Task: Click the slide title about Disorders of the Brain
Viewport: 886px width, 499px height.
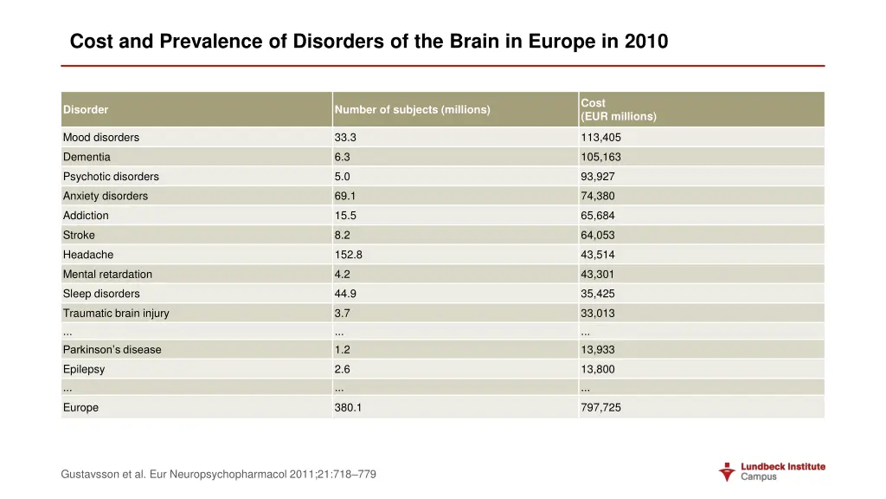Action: (369, 42)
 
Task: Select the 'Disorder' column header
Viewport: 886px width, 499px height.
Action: (86, 110)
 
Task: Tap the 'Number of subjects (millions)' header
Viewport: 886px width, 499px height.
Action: (412, 110)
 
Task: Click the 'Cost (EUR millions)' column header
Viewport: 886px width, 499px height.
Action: (618, 110)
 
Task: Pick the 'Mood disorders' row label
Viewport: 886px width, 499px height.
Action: (100, 138)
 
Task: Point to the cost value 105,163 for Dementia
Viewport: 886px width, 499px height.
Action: (600, 158)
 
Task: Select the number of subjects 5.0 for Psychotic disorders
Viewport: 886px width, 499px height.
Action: (343, 177)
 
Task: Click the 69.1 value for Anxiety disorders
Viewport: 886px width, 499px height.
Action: (344, 197)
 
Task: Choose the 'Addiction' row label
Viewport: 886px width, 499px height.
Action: (86, 216)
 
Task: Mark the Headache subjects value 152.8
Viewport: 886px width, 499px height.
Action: (348, 255)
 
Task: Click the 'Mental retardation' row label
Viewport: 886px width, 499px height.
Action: (107, 275)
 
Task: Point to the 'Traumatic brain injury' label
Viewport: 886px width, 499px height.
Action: (116, 314)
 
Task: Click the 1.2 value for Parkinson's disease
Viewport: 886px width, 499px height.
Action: (343, 350)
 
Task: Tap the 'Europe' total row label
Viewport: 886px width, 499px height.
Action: (80, 408)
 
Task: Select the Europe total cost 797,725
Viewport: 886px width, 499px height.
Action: (600, 408)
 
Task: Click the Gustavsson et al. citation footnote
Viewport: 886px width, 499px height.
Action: (219, 475)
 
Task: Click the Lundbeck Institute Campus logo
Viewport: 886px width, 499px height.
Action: (772, 471)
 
